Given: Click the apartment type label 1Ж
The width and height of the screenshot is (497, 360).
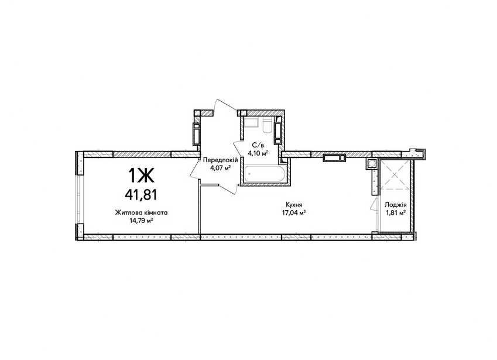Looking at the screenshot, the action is coord(141,175).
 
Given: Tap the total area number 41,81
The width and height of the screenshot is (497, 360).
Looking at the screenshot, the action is coord(141,194).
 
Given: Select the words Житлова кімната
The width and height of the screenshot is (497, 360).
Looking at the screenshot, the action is coord(141,212).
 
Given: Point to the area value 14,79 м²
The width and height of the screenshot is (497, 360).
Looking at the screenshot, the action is coord(141,221).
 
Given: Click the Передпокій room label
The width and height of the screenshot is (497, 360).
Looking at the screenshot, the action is coord(220,160).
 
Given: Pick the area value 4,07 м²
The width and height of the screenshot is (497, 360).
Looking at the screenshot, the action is coord(220,167).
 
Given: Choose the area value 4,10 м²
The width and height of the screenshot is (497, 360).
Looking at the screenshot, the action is coord(258,153).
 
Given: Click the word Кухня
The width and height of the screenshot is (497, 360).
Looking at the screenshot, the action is coord(293,205).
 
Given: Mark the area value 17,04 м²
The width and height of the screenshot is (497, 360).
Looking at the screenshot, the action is coord(294,212).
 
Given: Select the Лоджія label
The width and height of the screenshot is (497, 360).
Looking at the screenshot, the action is coord(395,205).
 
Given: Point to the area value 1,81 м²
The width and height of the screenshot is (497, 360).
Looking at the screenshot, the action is coord(395,213).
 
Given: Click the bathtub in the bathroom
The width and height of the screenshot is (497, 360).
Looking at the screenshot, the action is coord(264,174).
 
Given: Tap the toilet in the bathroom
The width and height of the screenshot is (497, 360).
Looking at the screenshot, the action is coord(267,125).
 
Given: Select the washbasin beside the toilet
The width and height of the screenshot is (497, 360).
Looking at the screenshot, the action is coord(251,122).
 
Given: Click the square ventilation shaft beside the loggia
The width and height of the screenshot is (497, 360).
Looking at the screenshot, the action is coord(371,163).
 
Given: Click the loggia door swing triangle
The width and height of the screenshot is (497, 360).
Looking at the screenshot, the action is coord(373,204).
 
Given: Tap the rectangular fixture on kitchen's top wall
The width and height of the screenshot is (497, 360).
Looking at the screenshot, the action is coord(334,157).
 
